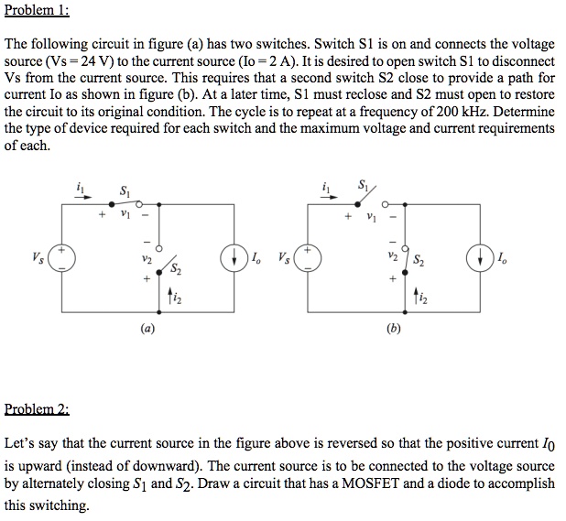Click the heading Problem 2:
[38, 408]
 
